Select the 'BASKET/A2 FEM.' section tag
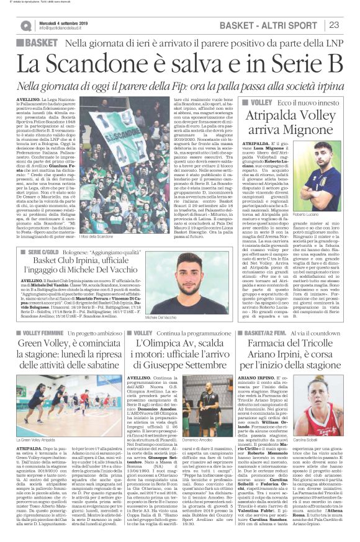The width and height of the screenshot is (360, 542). (x=268, y=333)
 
